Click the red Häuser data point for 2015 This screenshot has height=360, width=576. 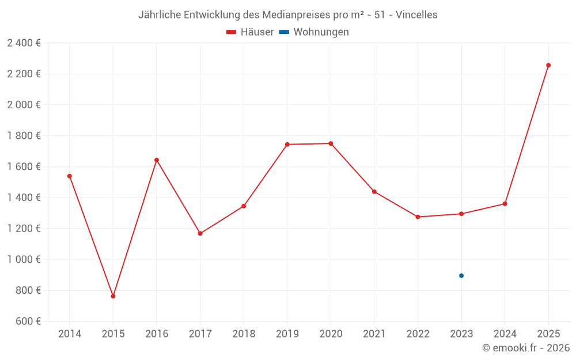tap(113, 296)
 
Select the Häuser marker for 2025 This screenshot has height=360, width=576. tap(548, 65)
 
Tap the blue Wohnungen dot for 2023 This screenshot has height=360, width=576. tap(461, 275)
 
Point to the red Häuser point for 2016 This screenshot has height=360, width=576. tap(157, 160)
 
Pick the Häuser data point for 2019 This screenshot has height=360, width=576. tap(287, 144)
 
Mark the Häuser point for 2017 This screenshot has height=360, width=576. tap(200, 233)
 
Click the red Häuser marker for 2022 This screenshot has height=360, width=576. tap(418, 217)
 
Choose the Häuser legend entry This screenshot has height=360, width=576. tap(250, 32)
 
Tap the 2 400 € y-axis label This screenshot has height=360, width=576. tap(24, 43)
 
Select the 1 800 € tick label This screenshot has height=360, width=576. tap(24, 136)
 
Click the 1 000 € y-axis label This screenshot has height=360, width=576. tap(24, 259)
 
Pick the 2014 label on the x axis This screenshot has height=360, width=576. tap(70, 334)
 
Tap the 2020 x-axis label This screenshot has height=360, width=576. tap(331, 334)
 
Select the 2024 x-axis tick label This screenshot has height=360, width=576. tap(505, 334)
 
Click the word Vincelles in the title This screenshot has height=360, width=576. tap(416, 15)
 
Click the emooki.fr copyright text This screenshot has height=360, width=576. tap(526, 348)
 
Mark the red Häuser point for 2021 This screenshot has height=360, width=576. tap(374, 191)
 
